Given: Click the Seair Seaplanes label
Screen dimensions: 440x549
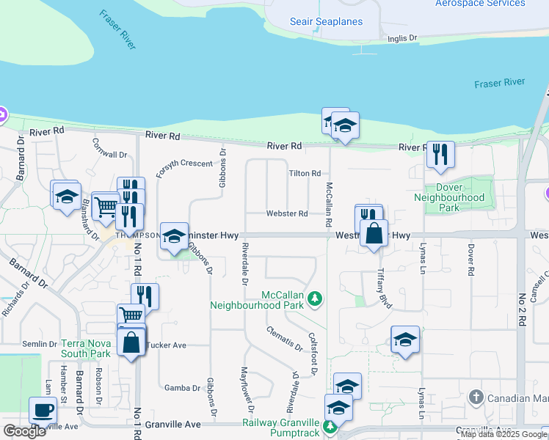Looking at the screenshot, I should pyautogui.click(x=326, y=21).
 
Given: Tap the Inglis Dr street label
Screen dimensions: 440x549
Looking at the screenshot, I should pyautogui.click(x=402, y=37).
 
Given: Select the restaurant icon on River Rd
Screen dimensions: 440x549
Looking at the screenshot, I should pyautogui.click(x=440, y=154).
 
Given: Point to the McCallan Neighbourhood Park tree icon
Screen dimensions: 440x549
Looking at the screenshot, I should pyautogui.click(x=315, y=298).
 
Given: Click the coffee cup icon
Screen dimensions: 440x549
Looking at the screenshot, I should pyautogui.click(x=43, y=409).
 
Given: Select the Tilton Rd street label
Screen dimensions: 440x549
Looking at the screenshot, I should pyautogui.click(x=305, y=173).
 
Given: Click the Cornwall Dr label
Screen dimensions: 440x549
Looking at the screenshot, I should pyautogui.click(x=110, y=155).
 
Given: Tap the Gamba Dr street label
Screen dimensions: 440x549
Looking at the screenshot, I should pyautogui.click(x=178, y=388).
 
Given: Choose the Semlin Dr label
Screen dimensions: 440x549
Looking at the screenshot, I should pyautogui.click(x=40, y=344).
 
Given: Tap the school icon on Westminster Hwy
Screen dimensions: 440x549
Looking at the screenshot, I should pyautogui.click(x=174, y=235).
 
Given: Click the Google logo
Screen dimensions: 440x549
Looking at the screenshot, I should pyautogui.click(x=24, y=431).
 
